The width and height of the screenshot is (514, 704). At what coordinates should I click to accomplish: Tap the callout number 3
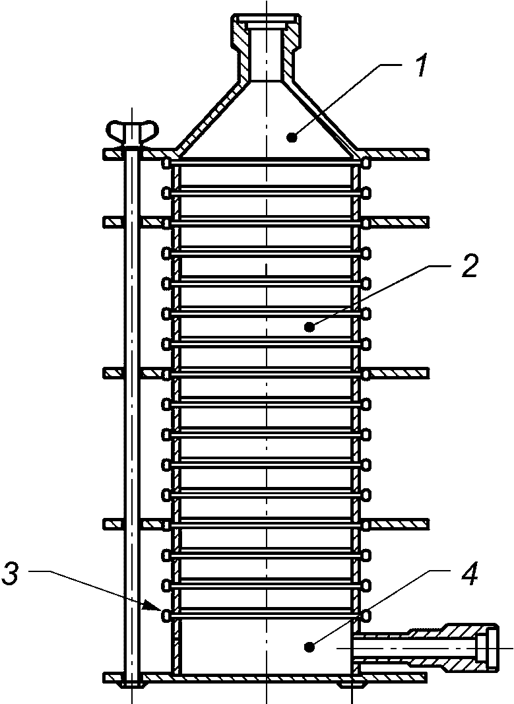click(x=11, y=575)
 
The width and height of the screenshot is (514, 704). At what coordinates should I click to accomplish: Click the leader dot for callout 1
click(x=292, y=138)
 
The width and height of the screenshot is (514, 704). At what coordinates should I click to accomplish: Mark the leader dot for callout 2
click(x=309, y=327)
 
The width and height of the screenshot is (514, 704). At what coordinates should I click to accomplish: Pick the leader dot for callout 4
click(x=308, y=647)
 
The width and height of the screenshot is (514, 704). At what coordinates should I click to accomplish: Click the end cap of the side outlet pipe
click(x=488, y=648)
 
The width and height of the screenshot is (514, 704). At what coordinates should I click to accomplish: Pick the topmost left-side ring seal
click(x=166, y=162)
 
